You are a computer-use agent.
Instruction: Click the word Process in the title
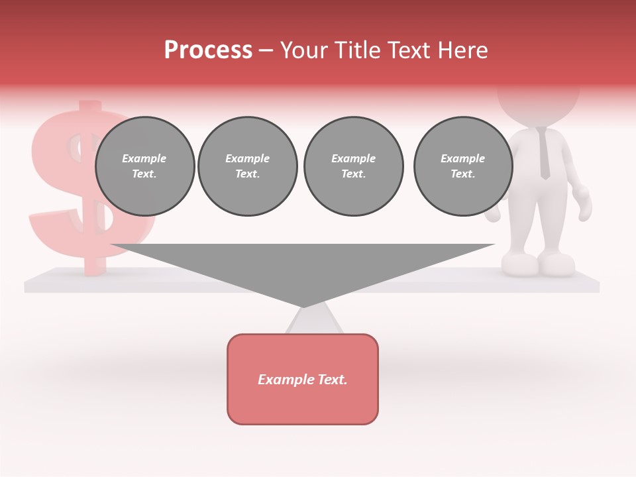coord(208,50)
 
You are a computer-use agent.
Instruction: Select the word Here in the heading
coord(463,50)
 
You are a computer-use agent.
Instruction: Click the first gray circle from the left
coord(144,166)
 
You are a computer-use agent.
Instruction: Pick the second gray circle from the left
coord(247,166)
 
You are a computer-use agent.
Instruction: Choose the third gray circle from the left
coord(353,166)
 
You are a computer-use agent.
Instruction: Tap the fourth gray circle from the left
coord(462,166)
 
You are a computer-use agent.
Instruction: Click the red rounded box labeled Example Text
coord(303,397)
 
